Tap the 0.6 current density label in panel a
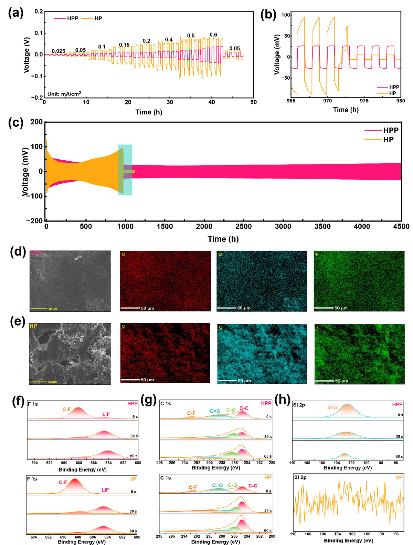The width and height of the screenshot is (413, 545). pyautogui.click(x=213, y=35)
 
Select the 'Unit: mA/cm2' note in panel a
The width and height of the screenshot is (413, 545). pyautogui.click(x=64, y=93)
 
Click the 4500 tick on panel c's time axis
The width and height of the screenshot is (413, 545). pyautogui.click(x=401, y=226)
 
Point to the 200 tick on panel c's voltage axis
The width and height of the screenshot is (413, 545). pyautogui.click(x=36, y=122)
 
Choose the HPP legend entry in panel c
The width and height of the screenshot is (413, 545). pyautogui.click(x=391, y=130)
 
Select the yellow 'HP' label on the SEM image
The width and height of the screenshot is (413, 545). pyautogui.click(x=33, y=326)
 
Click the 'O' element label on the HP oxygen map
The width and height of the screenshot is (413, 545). pyautogui.click(x=220, y=327)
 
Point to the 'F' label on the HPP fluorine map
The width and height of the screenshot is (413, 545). pyautogui.click(x=316, y=254)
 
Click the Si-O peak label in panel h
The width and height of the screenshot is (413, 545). pyautogui.click(x=332, y=407)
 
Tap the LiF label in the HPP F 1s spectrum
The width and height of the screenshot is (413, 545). pyautogui.click(x=106, y=414)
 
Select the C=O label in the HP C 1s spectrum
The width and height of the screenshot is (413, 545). pyautogui.click(x=217, y=485)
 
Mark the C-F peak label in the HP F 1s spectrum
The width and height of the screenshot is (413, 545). pyautogui.click(x=63, y=482)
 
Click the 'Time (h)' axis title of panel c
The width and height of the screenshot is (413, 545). pyautogui.click(x=223, y=239)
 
